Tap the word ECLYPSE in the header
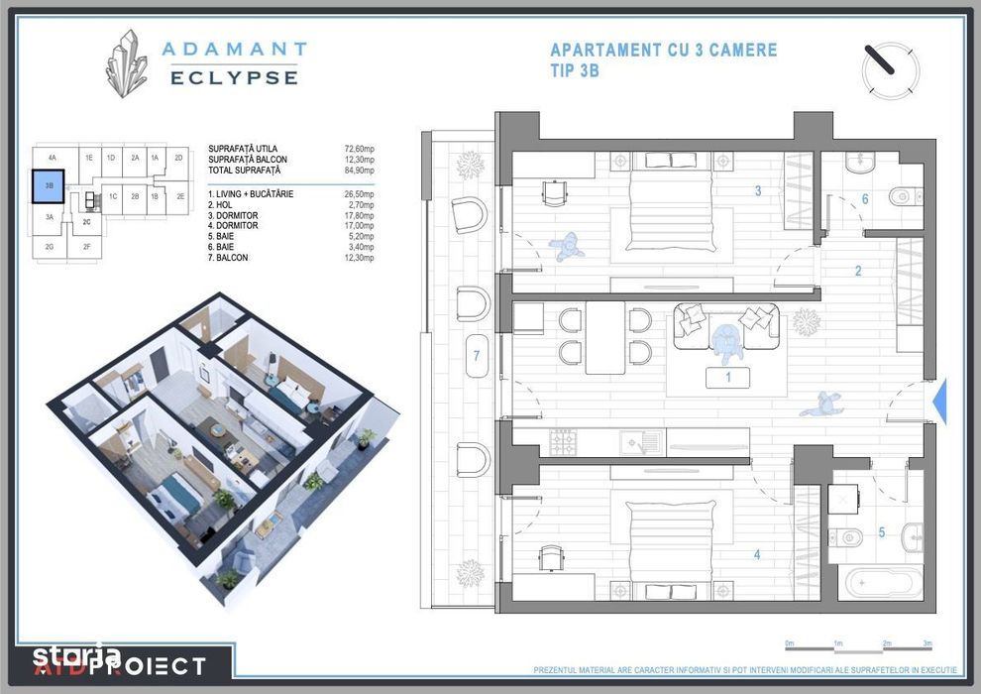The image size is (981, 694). click(234, 77)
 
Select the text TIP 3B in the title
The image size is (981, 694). click(575, 70)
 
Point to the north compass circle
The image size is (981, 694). click(890, 69)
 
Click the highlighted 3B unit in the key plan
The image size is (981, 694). click(49, 185)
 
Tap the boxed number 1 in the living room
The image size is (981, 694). click(727, 378)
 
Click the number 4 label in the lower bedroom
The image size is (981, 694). click(757, 555)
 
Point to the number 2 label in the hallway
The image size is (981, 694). click(858, 271)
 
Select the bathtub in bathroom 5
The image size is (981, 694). click(881, 581)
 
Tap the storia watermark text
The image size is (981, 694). click(75, 655)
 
